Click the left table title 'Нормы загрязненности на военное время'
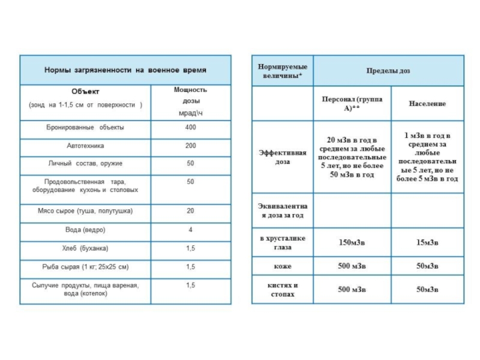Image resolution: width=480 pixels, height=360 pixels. pyautogui.click(x=125, y=70)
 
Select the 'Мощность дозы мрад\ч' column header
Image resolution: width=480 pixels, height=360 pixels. pyautogui.click(x=190, y=101)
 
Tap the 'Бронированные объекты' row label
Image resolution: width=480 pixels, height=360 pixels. pyautogui.click(x=86, y=128)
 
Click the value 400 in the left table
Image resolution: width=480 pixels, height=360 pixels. pyautogui.click(x=190, y=128)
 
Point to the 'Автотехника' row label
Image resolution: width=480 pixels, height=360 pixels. pyautogui.click(x=86, y=146)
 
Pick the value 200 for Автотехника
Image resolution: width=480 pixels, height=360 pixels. pyautogui.click(x=190, y=146)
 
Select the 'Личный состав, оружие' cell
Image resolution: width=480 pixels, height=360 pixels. pyautogui.click(x=86, y=163)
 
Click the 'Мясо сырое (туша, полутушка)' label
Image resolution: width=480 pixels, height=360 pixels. pyautogui.click(x=86, y=211)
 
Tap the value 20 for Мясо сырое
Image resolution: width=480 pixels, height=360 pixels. pyautogui.click(x=190, y=211)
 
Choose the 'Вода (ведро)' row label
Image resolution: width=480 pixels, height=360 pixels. pyautogui.click(x=86, y=230)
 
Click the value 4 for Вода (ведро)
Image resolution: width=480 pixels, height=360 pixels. pyautogui.click(x=190, y=230)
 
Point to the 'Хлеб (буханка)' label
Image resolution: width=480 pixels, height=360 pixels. pyautogui.click(x=86, y=248)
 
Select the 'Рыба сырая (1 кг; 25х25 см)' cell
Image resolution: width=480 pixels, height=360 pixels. pyautogui.click(x=86, y=266)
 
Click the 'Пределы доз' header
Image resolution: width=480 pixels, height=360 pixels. pyautogui.click(x=388, y=71)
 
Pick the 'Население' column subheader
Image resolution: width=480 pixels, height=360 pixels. pyautogui.click(x=427, y=104)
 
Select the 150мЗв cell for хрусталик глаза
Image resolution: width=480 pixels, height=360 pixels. pyautogui.click(x=352, y=242)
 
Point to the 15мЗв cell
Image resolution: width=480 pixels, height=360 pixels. pyautogui.click(x=427, y=242)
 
